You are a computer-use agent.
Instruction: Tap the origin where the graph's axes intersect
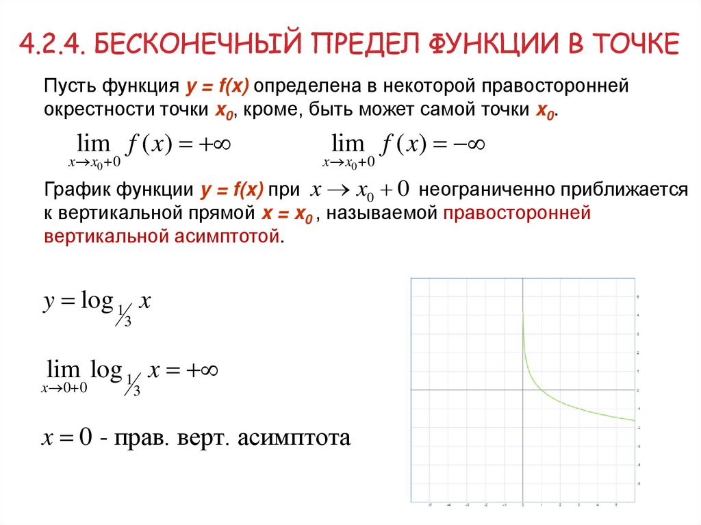[522, 389]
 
